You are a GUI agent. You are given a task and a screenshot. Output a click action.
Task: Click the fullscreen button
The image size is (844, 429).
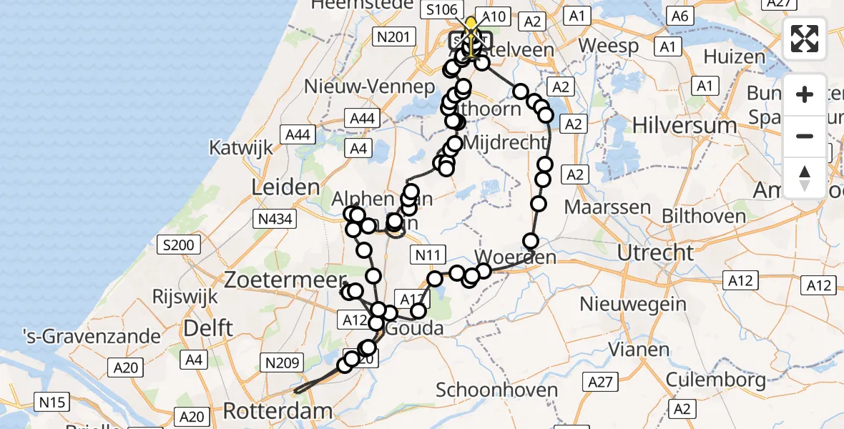805,39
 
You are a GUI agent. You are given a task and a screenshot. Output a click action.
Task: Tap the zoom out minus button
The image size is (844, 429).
805,136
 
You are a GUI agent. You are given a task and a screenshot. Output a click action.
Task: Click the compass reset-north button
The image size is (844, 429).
805,178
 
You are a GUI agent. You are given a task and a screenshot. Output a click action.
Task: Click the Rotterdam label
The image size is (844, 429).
278,411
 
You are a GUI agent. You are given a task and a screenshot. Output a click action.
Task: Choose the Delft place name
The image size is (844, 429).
208,329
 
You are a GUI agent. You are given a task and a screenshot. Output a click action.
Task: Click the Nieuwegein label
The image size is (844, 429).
633,304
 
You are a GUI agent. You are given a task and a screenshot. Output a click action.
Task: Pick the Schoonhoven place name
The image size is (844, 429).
496,390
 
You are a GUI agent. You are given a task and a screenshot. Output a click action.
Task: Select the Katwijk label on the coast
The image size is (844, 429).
241,148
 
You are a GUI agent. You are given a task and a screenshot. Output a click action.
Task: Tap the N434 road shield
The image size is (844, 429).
275,219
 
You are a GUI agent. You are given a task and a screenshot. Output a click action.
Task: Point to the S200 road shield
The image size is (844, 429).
177,246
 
